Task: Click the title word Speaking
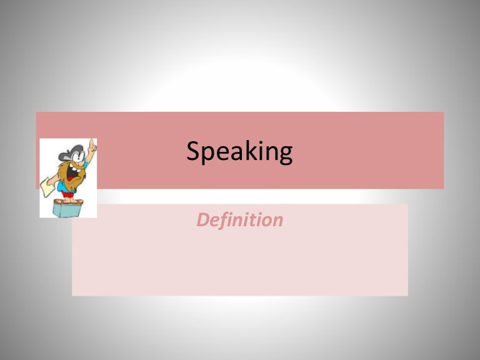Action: (239, 152)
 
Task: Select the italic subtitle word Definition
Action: (240, 220)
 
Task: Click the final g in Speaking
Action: (284, 154)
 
